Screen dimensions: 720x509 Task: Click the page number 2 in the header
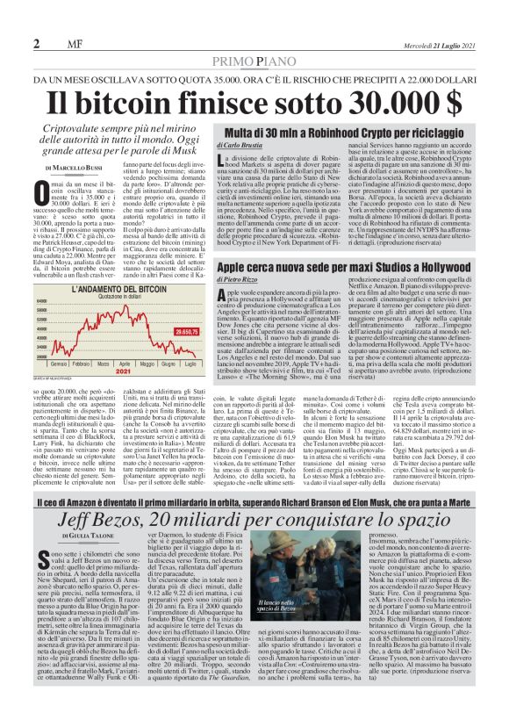[x=37, y=43]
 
